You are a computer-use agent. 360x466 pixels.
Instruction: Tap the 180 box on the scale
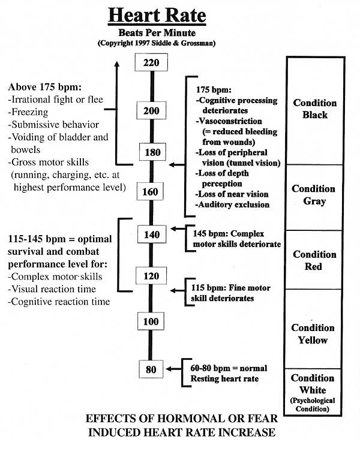152,152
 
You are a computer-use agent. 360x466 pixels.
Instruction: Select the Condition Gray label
314,196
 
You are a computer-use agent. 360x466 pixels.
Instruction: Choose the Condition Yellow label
314,334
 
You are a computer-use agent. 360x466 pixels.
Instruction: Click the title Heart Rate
157,15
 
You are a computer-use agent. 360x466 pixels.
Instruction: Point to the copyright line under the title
157,43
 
